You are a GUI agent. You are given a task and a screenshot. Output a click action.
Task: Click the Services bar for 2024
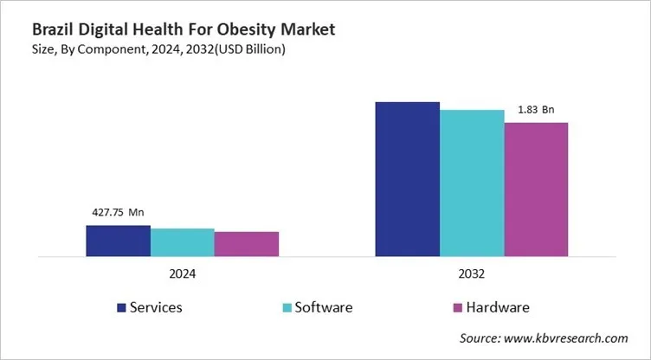pos(118,241)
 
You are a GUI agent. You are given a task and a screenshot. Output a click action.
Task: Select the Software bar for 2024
pos(182,242)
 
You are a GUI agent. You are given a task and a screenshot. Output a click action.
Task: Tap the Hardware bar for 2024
pos(247,244)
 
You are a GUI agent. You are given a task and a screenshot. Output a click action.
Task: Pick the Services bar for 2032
pos(407,179)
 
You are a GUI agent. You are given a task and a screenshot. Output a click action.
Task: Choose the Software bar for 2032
pos(472,183)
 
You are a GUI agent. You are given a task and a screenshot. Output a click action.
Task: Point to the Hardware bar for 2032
pos(536,190)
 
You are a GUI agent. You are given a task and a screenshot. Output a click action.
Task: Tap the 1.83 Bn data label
pos(536,109)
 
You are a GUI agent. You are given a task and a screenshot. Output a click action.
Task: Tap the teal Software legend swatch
pos(286,307)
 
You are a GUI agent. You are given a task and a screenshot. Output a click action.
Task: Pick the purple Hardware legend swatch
pos(456,307)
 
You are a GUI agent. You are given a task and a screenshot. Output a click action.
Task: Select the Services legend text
pos(156,307)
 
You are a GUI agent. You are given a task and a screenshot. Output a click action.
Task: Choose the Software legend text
pos(324,307)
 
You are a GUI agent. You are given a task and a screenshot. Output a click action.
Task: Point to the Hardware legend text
pos(497,307)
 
